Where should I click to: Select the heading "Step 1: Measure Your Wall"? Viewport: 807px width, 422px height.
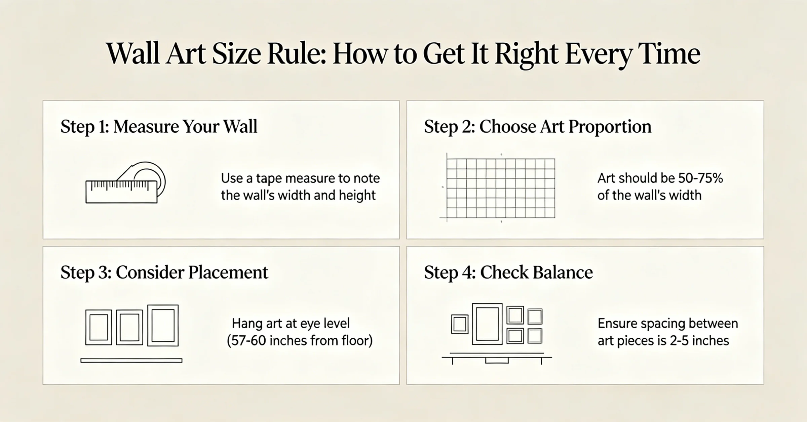click(159, 127)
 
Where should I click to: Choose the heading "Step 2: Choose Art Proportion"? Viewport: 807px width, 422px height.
click(538, 127)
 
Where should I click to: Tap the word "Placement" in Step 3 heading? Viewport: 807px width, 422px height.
click(228, 272)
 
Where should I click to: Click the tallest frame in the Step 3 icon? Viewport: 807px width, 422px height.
click(163, 325)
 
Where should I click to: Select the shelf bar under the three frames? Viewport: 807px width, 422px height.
click(131, 361)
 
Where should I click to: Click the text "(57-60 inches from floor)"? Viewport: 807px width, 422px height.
click(300, 341)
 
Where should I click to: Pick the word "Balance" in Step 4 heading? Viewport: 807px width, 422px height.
click(536, 272)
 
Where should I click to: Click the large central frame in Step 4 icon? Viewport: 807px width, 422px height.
click(487, 324)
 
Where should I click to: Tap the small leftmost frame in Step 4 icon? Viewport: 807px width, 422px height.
click(460, 324)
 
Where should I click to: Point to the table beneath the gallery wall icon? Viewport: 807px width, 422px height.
click(497, 358)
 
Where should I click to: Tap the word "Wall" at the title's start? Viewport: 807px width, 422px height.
click(133, 54)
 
